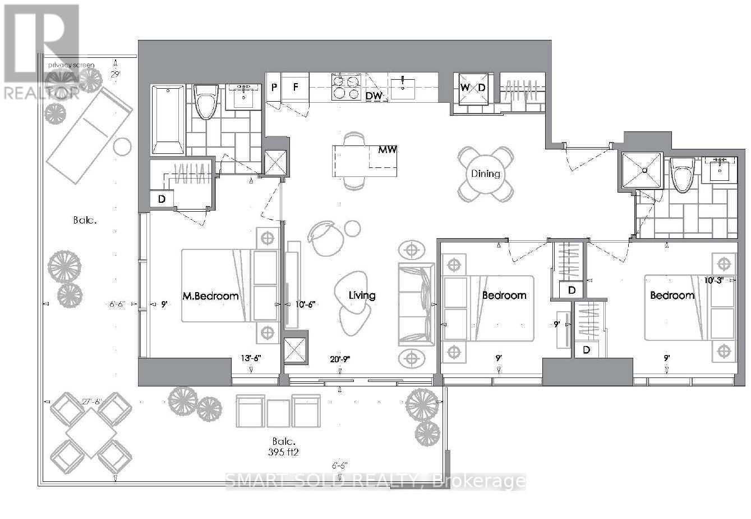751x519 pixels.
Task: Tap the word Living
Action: (362, 295)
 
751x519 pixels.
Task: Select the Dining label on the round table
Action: (486, 174)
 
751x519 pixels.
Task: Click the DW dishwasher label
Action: (374, 97)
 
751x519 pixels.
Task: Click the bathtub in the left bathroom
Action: (168, 120)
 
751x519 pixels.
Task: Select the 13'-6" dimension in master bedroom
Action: (251, 358)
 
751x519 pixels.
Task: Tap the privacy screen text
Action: (71, 65)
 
